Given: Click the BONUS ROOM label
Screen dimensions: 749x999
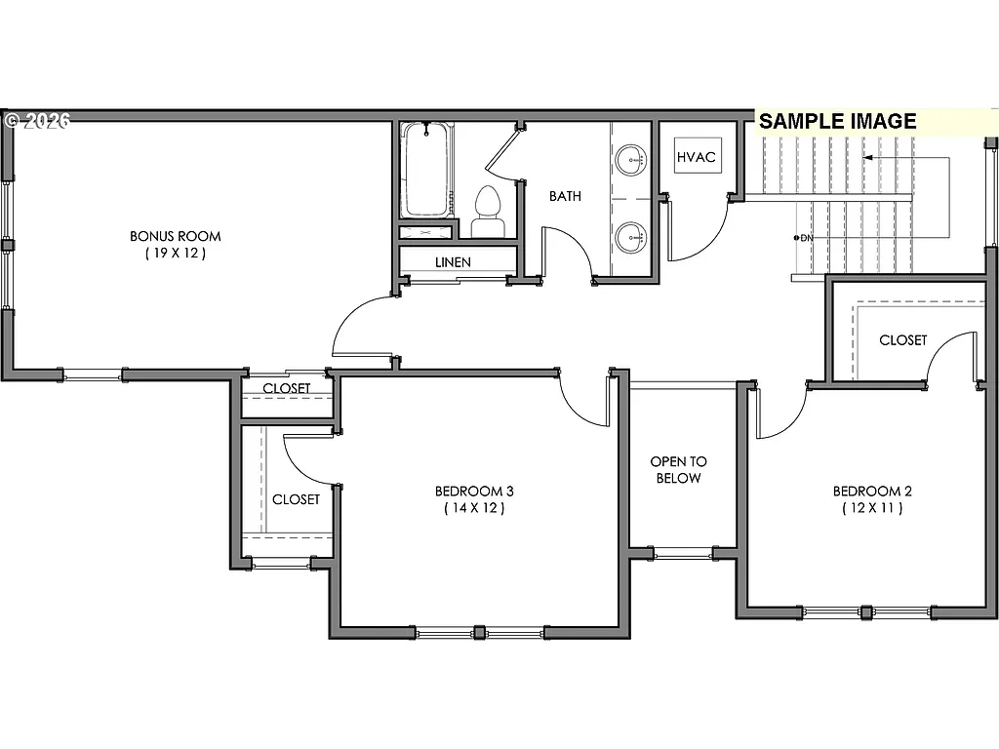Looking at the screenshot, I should [176, 236].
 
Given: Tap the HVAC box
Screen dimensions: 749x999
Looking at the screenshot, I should [697, 157].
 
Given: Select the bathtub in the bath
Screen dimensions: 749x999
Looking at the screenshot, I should [426, 171].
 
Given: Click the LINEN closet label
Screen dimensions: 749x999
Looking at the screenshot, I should [453, 262].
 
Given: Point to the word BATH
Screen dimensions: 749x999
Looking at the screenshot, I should [565, 196].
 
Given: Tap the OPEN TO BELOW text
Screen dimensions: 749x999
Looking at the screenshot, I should [679, 470].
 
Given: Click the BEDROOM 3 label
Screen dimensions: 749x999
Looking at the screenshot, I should [474, 491].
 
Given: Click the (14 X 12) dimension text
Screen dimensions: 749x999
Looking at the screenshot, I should [474, 508].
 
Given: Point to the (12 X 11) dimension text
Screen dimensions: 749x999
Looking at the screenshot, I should [867, 508].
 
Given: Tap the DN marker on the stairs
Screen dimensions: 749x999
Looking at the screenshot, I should [805, 237].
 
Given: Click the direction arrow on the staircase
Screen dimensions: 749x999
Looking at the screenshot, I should [870, 157].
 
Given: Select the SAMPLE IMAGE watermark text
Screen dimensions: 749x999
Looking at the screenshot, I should [838, 121].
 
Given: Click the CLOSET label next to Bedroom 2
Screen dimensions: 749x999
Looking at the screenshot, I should [902, 340].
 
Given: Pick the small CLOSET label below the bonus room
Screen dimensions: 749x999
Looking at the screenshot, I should [287, 388].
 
